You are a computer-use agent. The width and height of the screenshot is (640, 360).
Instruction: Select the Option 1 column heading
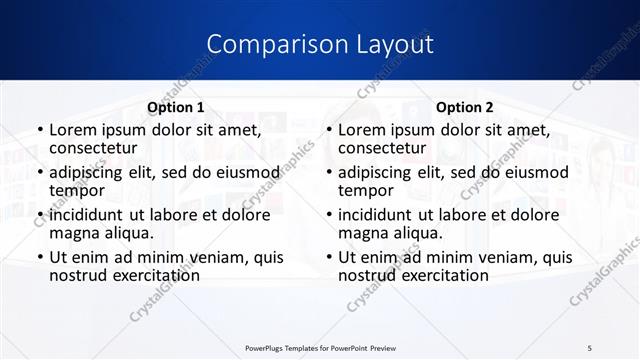click(x=176, y=107)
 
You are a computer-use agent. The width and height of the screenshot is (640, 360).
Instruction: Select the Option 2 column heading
click(x=465, y=107)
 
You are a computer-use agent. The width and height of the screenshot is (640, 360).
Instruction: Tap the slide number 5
click(x=591, y=347)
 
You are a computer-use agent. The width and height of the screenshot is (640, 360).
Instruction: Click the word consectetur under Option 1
click(x=95, y=148)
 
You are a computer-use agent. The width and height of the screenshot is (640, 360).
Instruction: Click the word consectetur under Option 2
click(x=384, y=148)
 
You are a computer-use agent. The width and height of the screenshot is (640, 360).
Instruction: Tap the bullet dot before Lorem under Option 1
click(x=39, y=130)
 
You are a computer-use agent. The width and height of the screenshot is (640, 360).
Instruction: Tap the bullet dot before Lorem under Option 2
click(x=328, y=130)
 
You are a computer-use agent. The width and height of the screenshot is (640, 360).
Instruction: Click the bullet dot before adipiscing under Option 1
click(x=39, y=172)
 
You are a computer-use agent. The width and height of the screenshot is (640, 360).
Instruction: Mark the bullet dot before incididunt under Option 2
click(x=328, y=214)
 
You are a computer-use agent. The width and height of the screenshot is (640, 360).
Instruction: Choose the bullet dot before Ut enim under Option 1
click(x=39, y=257)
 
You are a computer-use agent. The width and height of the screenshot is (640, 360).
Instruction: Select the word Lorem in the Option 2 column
click(x=362, y=130)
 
